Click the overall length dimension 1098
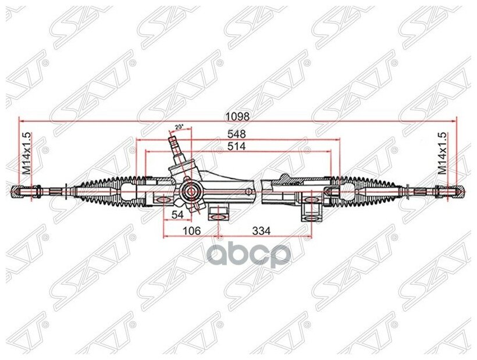coord(239,116)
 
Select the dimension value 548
coord(237,134)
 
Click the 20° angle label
coord(179,127)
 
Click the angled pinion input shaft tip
coord(173,140)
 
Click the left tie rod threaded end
coord(23,190)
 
